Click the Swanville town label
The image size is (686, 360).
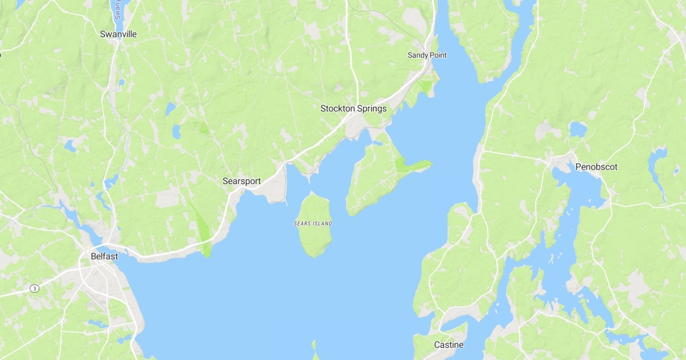click(x=118, y=34)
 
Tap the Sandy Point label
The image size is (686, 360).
click(x=427, y=55)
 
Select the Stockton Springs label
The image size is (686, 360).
click(x=353, y=109)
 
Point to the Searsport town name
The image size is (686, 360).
click(x=241, y=181)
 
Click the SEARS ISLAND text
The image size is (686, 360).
click(x=313, y=223)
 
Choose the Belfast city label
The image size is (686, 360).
click(x=104, y=257)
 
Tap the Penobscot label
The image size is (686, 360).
click(x=596, y=167)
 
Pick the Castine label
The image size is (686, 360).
click(x=449, y=345)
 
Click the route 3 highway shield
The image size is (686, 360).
click(x=35, y=289)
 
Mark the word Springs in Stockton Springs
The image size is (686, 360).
click(x=372, y=109)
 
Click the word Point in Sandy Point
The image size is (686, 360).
click(x=437, y=55)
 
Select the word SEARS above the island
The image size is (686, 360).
click(x=302, y=223)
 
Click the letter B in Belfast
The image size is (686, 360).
click(x=94, y=257)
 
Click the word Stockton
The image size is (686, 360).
click(x=337, y=109)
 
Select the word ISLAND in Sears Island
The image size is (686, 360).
click(x=322, y=223)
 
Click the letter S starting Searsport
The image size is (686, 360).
click(x=225, y=181)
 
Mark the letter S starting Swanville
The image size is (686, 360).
click(x=103, y=34)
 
